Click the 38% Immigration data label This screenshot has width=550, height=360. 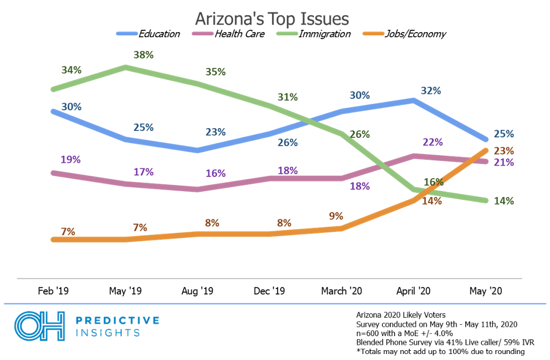[143, 55]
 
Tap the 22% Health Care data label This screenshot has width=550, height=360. [432, 142]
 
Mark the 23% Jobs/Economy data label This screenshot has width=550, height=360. [503, 150]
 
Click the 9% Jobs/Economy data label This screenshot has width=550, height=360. [336, 216]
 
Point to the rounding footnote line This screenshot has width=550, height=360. [440, 351]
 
